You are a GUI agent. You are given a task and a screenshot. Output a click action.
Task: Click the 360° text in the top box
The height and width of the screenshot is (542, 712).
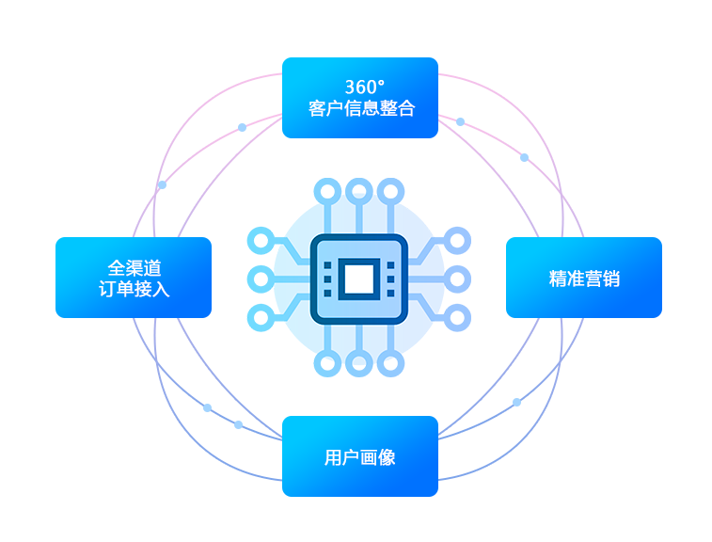click(x=365, y=87)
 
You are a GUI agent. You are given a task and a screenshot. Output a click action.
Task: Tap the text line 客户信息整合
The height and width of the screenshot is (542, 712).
click(x=361, y=108)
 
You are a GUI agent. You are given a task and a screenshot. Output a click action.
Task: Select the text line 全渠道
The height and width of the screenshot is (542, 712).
click(x=134, y=268)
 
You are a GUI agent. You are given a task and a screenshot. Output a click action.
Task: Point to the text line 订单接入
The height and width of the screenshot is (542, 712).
click(x=134, y=289)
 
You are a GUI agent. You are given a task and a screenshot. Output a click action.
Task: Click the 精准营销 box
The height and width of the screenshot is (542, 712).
click(x=584, y=278)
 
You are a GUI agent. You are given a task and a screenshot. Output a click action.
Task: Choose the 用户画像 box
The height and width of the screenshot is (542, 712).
click(x=360, y=456)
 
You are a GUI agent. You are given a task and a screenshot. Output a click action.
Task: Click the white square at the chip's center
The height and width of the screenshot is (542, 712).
click(x=359, y=279)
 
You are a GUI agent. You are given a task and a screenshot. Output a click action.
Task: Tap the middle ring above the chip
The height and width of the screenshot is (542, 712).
click(x=359, y=191)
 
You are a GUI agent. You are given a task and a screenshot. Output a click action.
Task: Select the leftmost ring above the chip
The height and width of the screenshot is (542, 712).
click(x=327, y=191)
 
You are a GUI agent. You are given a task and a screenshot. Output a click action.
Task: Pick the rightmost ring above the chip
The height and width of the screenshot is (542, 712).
click(x=390, y=191)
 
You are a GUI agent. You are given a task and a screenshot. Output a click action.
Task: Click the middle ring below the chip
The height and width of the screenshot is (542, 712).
click(x=359, y=363)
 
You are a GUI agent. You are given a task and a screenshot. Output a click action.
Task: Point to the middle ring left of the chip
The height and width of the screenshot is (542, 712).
click(x=261, y=279)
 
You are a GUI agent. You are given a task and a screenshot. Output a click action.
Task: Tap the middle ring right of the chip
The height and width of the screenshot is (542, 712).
click(x=457, y=279)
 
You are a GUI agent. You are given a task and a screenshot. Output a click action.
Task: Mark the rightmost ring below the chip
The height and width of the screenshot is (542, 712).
click(x=390, y=363)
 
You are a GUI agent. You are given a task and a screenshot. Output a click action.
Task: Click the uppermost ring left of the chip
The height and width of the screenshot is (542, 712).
click(x=261, y=240)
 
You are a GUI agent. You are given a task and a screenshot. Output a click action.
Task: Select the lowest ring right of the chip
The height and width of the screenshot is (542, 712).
click(x=457, y=317)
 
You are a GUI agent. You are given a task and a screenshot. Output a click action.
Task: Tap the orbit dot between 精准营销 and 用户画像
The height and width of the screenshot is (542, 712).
click(x=516, y=402)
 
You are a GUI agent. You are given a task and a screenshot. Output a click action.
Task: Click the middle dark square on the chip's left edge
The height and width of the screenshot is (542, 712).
click(x=327, y=279)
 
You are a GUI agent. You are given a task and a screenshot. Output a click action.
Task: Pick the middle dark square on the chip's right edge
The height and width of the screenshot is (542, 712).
click(x=390, y=279)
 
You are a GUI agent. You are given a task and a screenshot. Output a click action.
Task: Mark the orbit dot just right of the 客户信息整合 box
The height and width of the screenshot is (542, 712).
click(x=461, y=121)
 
